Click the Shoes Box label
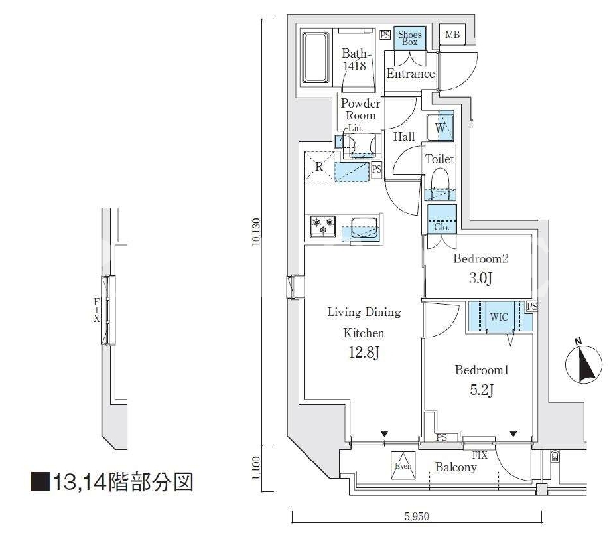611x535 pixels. pyautogui.click(x=410, y=38)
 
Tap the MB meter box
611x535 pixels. pyautogui.click(x=452, y=35)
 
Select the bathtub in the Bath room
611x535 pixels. pyautogui.click(x=316, y=58)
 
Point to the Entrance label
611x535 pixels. pyautogui.click(x=411, y=73)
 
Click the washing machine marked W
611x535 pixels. pyautogui.click(x=441, y=127)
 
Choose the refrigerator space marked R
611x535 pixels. pyautogui.click(x=320, y=166)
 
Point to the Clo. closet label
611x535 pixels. pyautogui.click(x=441, y=227)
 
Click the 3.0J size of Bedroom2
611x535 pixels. pyautogui.click(x=480, y=278)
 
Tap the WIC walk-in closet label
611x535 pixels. pyautogui.click(x=499, y=317)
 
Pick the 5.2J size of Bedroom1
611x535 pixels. pyautogui.click(x=482, y=390)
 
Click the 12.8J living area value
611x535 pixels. pyautogui.click(x=364, y=353)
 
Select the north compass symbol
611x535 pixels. pyautogui.click(x=583, y=363)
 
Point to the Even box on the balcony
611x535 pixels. pyautogui.click(x=403, y=466)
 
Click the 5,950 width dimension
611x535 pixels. pyautogui.click(x=417, y=516)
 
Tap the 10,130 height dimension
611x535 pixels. pyautogui.click(x=256, y=232)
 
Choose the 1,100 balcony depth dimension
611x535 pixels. pyautogui.click(x=256, y=469)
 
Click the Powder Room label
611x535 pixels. pyautogui.click(x=360, y=109)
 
